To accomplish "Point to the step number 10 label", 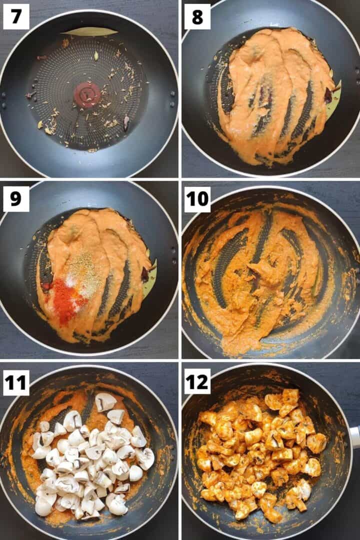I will pyautogui.click(x=197, y=199).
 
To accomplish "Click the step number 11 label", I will pyautogui.click(x=16, y=383).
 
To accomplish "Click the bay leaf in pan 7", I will pyautogui.click(x=90, y=32).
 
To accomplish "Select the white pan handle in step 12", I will pyautogui.click(x=354, y=436).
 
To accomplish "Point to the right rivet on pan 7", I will pyautogui.click(x=173, y=93).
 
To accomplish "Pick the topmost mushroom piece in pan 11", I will pyautogui.click(x=105, y=401).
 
